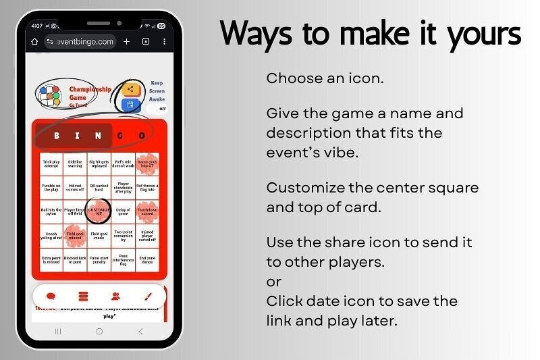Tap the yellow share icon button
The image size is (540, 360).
tap(131, 89)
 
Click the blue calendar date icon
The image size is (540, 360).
tap(131, 105)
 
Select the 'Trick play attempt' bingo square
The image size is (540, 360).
tap(51, 163)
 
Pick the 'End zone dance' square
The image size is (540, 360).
tap(146, 259)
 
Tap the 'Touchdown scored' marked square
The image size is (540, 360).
tap(146, 211)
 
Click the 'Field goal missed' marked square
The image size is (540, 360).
tap(75, 236)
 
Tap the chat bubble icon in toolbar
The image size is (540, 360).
tap(51, 296)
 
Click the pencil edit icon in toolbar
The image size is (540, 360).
tap(148, 296)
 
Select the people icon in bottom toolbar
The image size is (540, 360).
tap(116, 296)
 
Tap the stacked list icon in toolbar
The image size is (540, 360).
tap(83, 296)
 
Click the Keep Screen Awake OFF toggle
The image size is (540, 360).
tap(161, 108)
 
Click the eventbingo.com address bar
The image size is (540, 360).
tap(80, 42)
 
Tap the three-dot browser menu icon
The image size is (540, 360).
tap(162, 42)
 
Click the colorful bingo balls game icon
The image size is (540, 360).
tap(49, 96)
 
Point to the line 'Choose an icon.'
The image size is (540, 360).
tap(325, 78)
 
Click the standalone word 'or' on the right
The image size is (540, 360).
tap(273, 281)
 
